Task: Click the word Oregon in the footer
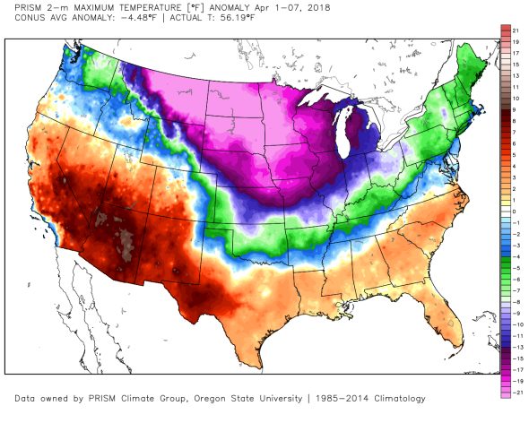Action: click(209, 399)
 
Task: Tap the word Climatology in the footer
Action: click(400, 399)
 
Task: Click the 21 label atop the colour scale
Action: click(516, 30)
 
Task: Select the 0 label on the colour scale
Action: click(514, 211)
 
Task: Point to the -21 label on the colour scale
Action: click(515, 393)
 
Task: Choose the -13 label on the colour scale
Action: click(515, 348)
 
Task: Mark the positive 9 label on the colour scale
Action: click(514, 110)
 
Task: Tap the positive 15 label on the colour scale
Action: click(516, 65)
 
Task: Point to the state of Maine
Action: click(471, 67)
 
